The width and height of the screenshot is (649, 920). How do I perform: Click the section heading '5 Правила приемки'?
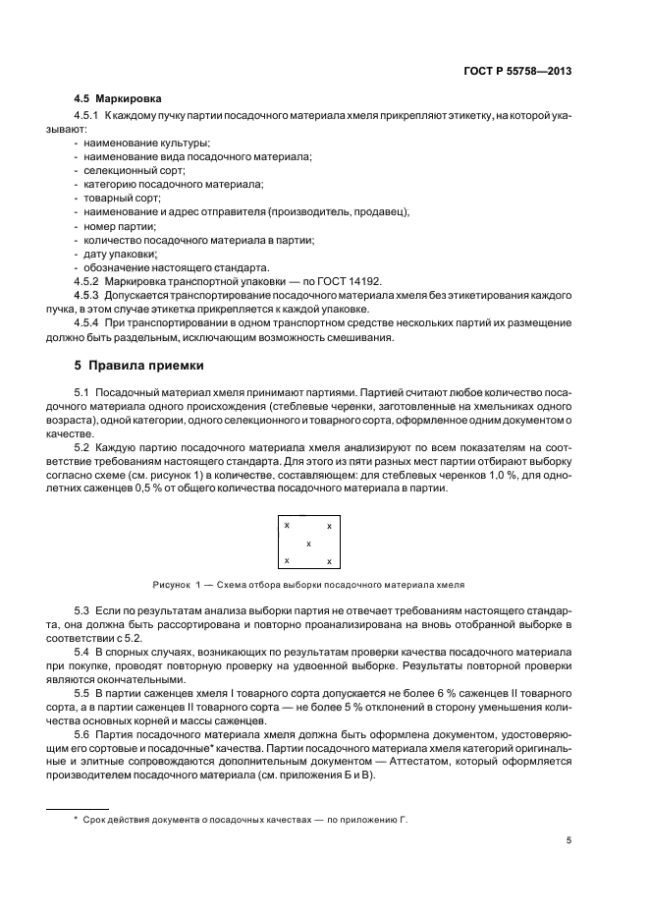[x=139, y=367]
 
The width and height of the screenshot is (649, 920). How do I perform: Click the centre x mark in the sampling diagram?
[x=308, y=544]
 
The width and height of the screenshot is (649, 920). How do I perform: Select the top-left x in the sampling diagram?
[x=287, y=526]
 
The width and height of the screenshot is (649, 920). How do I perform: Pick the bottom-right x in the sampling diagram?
[x=329, y=561]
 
